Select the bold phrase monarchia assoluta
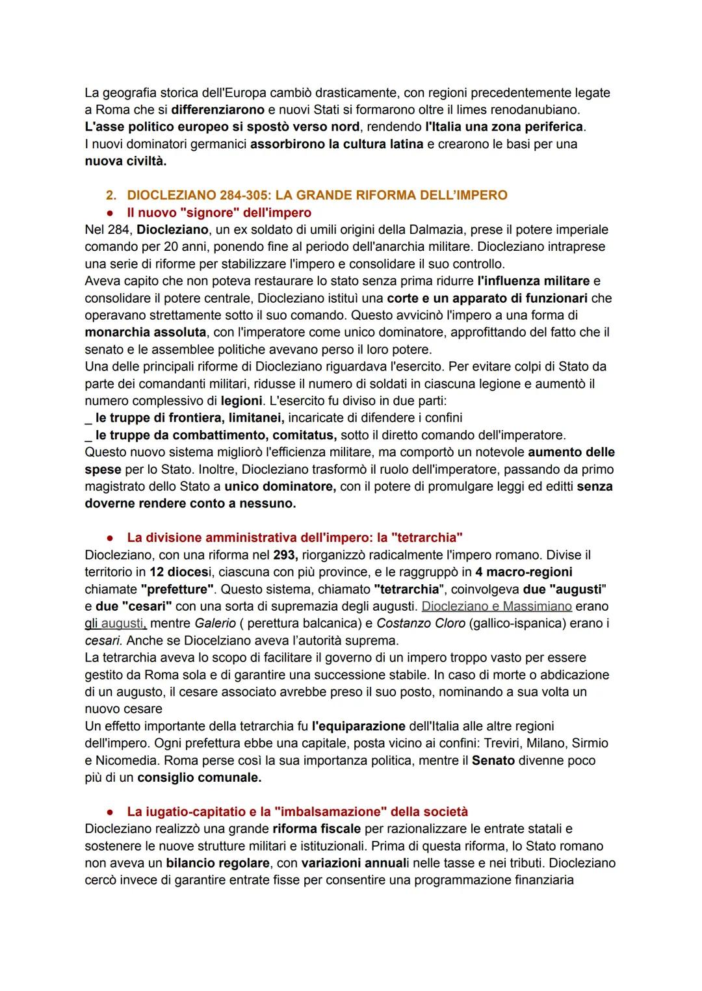click(x=144, y=332)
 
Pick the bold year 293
click(x=284, y=556)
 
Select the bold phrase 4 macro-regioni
click(x=524, y=573)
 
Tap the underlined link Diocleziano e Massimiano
click(x=497, y=606)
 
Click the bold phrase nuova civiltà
click(x=125, y=161)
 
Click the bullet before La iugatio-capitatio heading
click(x=112, y=812)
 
